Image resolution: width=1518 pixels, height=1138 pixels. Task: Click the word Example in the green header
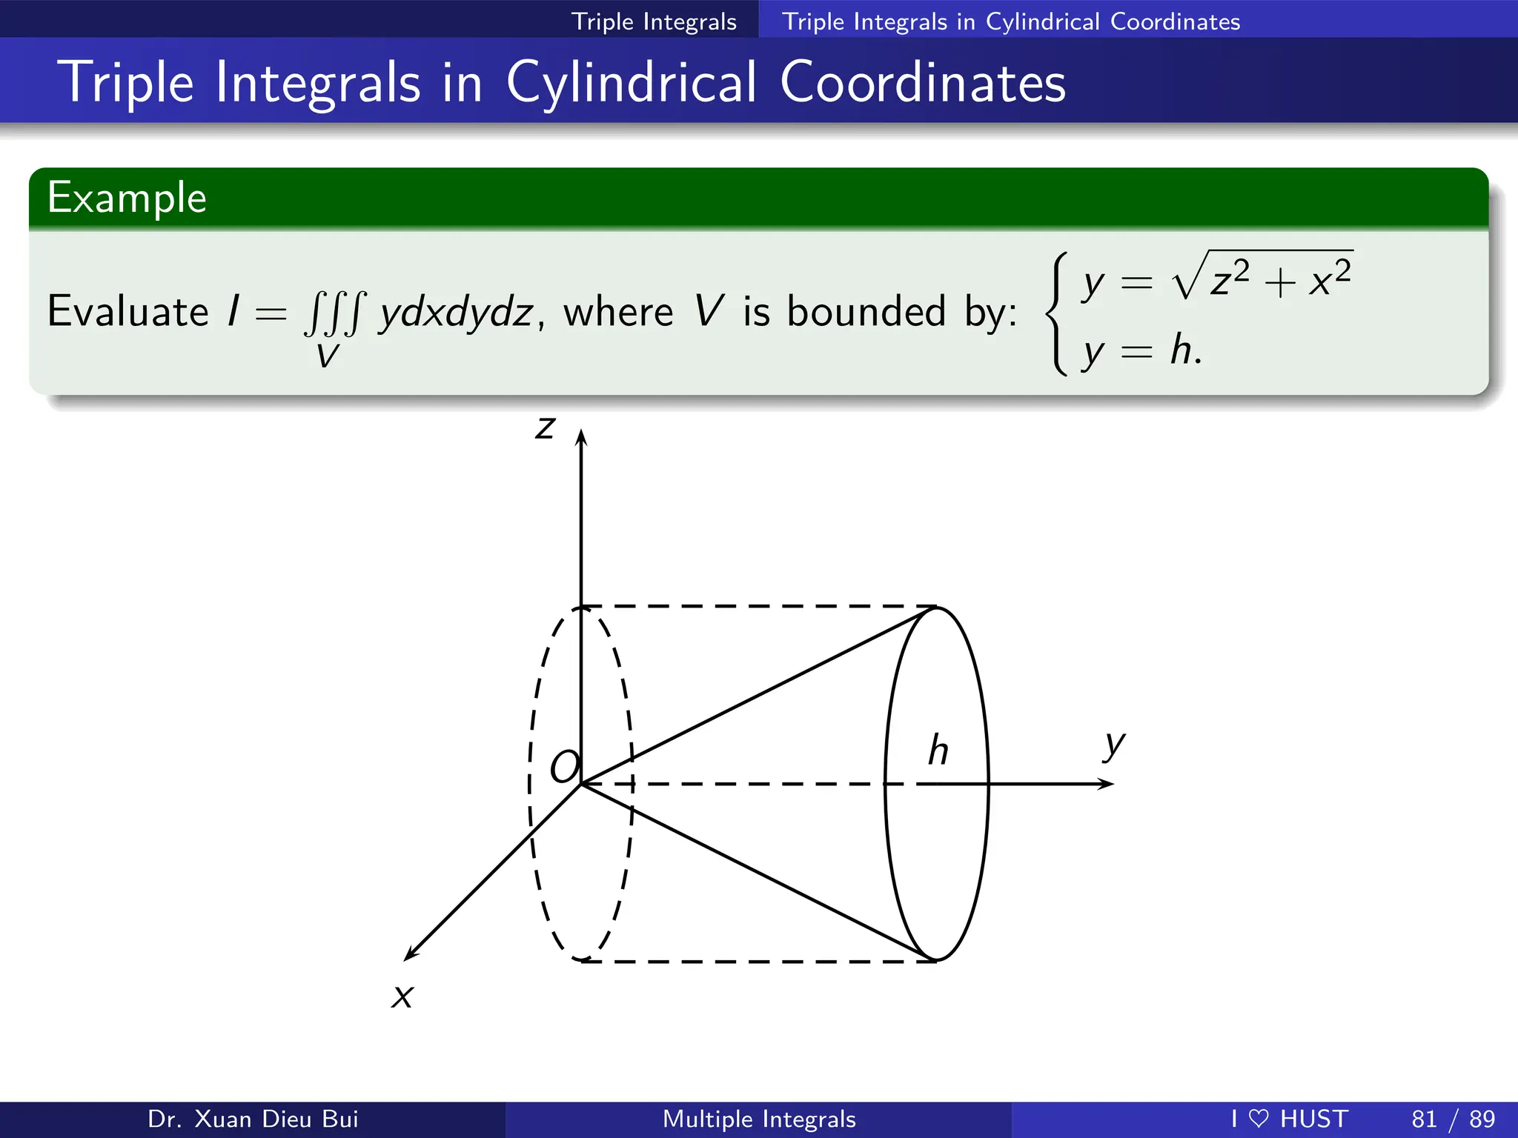coord(127,198)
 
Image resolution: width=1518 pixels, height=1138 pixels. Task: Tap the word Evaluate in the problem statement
coord(127,311)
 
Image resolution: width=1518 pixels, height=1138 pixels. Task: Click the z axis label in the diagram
coord(545,427)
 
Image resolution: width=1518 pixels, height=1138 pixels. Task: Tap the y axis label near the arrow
coord(1113,745)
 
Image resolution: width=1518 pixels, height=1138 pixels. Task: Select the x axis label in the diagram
coord(402,996)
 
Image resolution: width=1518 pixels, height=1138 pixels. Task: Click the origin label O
coord(564,767)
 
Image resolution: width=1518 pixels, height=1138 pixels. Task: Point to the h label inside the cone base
coord(938,751)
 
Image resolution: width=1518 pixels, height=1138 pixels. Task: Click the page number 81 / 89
coord(1453,1119)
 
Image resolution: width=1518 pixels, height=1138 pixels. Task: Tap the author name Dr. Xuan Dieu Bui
coord(253,1119)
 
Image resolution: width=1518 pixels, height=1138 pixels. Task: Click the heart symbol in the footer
coord(1259,1119)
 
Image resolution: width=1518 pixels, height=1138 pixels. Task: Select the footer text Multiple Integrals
coord(759,1119)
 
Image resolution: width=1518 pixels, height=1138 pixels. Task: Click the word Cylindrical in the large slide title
coord(632,82)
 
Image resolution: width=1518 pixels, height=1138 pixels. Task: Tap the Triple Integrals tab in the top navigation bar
coord(654,21)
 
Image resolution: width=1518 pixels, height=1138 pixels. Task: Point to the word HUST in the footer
coord(1314,1119)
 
